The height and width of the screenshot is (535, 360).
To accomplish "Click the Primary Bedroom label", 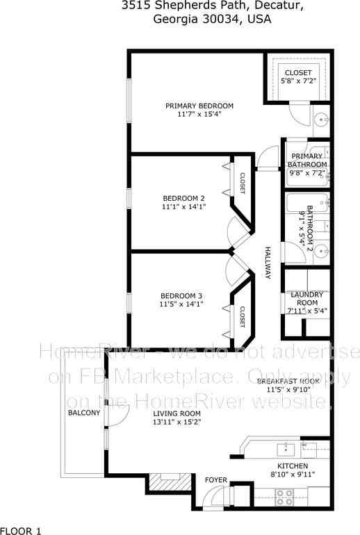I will (199, 106).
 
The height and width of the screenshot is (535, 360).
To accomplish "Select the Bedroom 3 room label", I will (181, 294).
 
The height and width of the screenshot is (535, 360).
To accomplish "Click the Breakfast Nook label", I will (288, 381).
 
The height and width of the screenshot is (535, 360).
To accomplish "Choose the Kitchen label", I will (293, 466).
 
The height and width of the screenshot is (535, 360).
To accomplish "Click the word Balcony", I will (84, 413).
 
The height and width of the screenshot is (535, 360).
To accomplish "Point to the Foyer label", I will (215, 479).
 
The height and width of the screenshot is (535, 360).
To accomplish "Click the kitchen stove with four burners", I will (285, 496).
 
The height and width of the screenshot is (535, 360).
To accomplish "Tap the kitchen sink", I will (286, 447).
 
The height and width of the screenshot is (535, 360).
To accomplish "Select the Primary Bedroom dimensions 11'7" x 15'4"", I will (199, 114).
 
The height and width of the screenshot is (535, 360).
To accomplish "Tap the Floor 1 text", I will (22, 530).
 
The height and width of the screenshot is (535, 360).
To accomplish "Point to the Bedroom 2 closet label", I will (243, 183).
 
